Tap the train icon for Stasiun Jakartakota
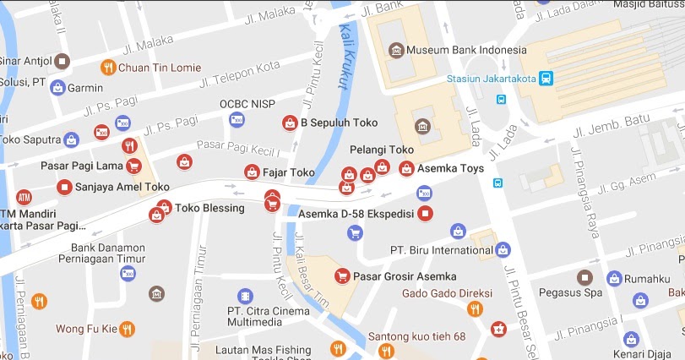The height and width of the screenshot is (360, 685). click(547, 79)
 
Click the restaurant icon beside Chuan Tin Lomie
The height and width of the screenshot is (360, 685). click(107, 67)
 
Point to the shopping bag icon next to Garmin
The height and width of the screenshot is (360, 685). click(57, 87)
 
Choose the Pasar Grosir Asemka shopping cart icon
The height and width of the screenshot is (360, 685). click(342, 276)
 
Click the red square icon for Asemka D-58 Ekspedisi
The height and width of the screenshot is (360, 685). click(426, 213)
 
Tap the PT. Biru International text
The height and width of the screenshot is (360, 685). click(440, 249)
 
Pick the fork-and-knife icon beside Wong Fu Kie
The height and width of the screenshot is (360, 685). click(127, 328)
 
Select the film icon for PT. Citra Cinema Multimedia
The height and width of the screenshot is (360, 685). click(245, 297)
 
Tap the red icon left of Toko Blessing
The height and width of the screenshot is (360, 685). click(156, 215)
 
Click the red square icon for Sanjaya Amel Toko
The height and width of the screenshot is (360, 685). click(63, 187)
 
